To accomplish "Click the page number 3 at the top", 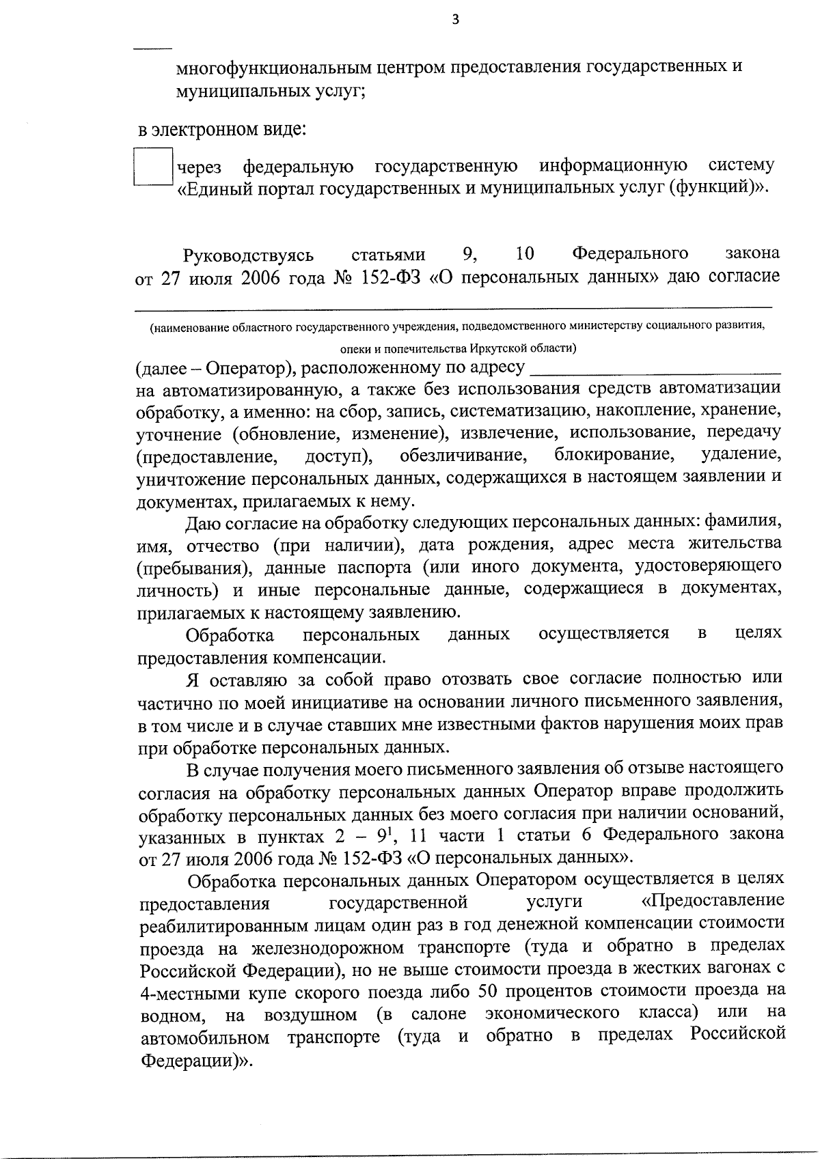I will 456,20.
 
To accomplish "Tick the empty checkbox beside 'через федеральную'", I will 152,167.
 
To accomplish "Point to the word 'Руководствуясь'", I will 248,255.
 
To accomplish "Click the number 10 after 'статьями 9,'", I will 525,254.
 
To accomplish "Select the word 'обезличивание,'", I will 463,455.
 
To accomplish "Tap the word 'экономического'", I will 552,1012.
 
